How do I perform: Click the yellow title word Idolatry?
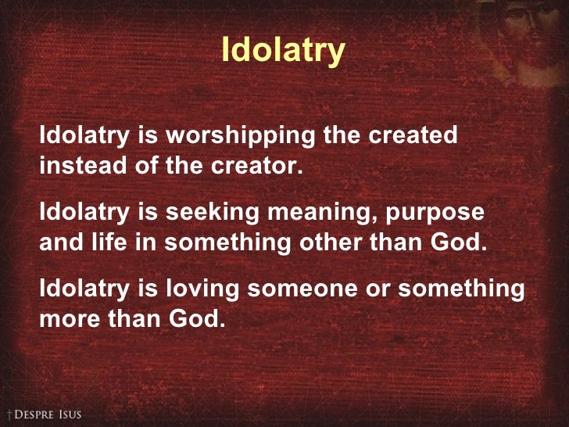coord(283,51)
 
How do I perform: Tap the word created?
coord(413,135)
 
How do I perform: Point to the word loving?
coord(195,289)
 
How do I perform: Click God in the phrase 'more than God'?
coord(194,319)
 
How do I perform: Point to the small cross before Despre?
coord(7,414)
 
